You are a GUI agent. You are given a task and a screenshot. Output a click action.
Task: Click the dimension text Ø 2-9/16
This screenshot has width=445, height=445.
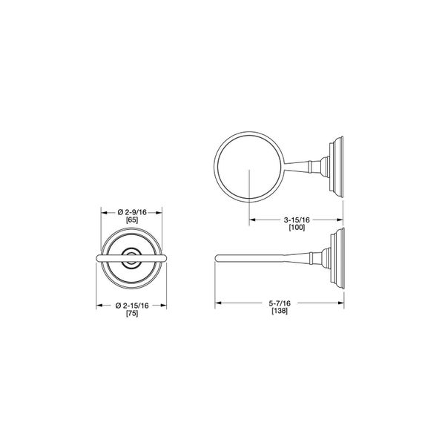click(x=132, y=212)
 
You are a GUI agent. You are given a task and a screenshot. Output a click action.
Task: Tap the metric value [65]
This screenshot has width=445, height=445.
click(x=132, y=220)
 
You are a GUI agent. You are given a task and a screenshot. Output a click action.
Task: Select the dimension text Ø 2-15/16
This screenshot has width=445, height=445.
click(x=132, y=306)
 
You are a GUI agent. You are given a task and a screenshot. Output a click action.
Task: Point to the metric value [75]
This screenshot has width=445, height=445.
click(x=132, y=313)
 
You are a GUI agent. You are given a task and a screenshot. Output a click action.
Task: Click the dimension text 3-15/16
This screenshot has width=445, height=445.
click(x=297, y=220)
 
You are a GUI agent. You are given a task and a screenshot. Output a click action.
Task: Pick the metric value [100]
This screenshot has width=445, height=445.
click(x=297, y=228)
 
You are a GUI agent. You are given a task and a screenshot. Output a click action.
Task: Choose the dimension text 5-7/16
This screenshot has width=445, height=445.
click(x=280, y=303)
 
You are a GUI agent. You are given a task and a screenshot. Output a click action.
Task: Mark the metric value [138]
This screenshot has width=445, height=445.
click(x=280, y=311)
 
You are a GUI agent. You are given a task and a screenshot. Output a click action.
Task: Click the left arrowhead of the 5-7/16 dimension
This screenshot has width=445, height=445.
click(x=218, y=303)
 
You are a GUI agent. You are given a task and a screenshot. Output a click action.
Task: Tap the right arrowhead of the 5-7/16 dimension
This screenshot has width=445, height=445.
click(x=341, y=303)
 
